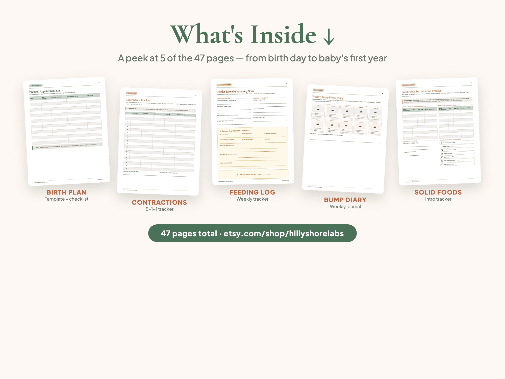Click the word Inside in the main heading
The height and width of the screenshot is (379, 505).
tap(283, 35)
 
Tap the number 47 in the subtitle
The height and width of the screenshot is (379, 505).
tap(199, 58)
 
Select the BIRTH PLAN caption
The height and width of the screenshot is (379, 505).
tap(66, 192)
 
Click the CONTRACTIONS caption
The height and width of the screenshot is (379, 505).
tap(159, 202)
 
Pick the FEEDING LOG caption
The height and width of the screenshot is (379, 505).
tap(252, 192)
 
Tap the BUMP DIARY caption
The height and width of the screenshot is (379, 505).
tap(345, 200)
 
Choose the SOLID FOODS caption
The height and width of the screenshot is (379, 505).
tap(438, 192)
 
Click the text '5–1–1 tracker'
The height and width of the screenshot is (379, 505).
tap(159, 209)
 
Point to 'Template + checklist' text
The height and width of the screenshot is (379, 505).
tap(66, 199)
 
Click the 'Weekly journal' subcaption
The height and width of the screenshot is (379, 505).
tap(345, 207)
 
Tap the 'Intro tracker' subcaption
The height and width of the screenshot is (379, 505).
tap(438, 199)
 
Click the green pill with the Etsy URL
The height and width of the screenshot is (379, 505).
tap(252, 233)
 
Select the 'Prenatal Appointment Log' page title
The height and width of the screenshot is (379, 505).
tap(45, 91)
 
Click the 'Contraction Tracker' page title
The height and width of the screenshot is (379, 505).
tap(138, 100)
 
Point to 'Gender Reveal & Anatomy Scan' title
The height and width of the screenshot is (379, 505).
tap(235, 91)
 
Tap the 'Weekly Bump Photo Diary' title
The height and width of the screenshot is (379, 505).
tap(328, 97)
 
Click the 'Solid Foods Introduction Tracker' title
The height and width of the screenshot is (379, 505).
tap(421, 91)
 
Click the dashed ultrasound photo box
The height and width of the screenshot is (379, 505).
tap(253, 174)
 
